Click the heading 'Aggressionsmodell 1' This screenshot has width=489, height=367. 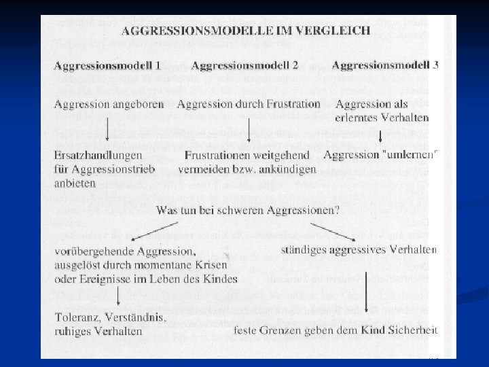[107, 66]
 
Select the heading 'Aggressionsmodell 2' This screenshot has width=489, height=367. [244, 66]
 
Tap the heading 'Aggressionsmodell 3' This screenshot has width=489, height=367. [385, 65]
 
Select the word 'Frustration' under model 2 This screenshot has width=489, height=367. [291, 104]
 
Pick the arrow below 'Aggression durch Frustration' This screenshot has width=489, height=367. [249, 129]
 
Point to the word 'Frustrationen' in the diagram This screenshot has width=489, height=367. [217, 156]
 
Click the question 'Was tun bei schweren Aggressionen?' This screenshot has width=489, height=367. [248, 211]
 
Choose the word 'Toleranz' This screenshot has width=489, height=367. [76, 317]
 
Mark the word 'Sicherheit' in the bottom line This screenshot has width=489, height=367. [412, 331]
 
